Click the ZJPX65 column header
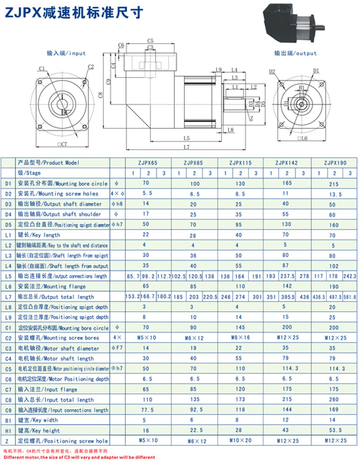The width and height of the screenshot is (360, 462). click(x=147, y=163)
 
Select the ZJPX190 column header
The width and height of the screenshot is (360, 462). click(x=335, y=163)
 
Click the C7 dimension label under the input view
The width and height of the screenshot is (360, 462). click(x=61, y=143)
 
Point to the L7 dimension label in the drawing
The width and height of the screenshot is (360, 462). click(x=186, y=147)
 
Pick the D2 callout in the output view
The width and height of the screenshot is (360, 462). click(x=272, y=72)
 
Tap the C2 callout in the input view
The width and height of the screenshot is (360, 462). click(x=91, y=67)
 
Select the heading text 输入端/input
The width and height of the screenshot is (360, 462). click(x=66, y=53)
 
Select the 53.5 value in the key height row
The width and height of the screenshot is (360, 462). click(x=335, y=431)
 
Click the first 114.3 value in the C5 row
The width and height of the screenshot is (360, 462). click(x=287, y=369)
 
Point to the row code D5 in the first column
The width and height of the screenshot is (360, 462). click(x=7, y=225)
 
